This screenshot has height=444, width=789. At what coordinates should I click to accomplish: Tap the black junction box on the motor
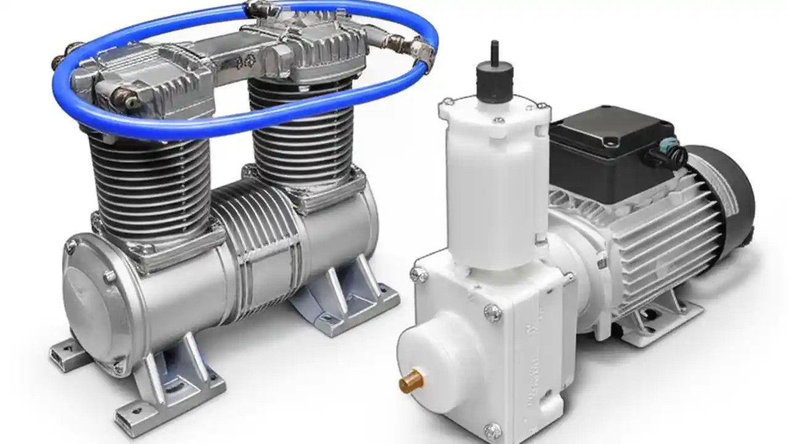(x=610, y=148)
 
